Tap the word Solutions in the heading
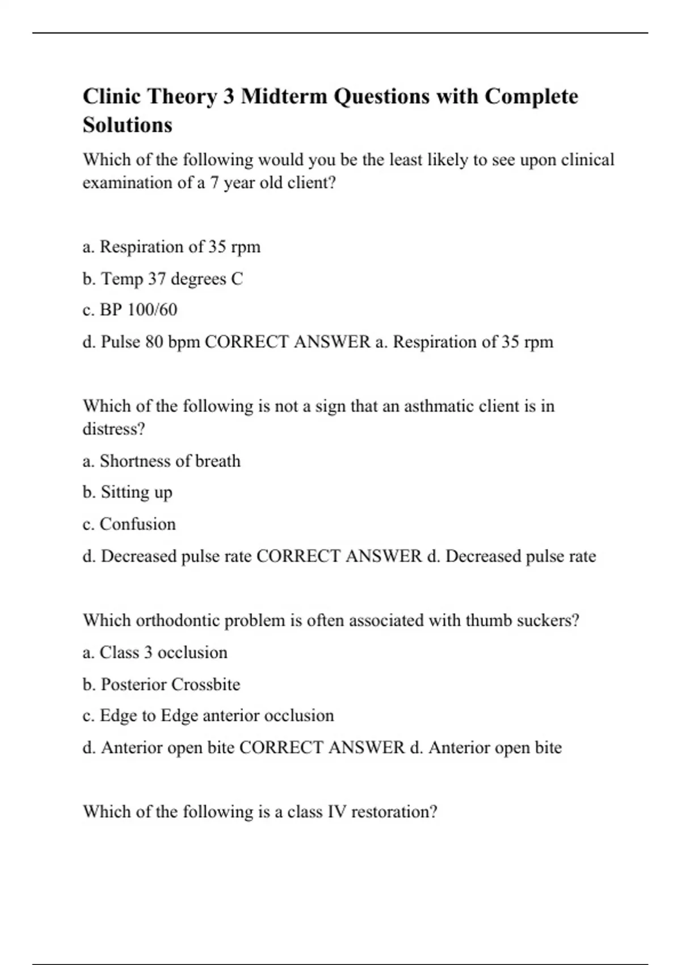[127, 125]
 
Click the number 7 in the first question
[214, 183]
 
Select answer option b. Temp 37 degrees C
[162, 279]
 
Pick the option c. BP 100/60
[129, 310]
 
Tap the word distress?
[113, 429]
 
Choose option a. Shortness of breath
[161, 461]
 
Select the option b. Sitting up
[127, 492]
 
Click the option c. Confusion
[129, 524]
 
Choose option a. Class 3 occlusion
[154, 653]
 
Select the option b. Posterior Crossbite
[161, 685]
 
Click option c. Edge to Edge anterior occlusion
[208, 716]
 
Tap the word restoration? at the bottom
[394, 812]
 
